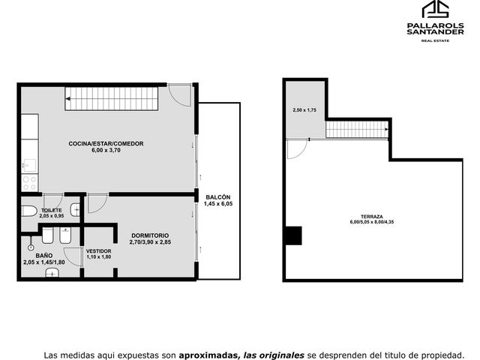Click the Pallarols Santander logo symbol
click(x=435, y=9)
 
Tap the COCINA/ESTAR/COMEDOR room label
click(x=106, y=143)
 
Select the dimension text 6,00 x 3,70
click(x=106, y=150)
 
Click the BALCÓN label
click(x=218, y=197)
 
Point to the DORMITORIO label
click(x=150, y=235)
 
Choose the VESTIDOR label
click(x=98, y=251)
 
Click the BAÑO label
click(x=44, y=256)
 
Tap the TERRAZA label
click(x=372, y=217)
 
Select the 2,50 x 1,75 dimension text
click(x=304, y=110)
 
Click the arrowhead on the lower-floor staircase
click(x=68, y=98)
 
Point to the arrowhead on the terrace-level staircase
click(x=387, y=129)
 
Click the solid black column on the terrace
click(x=294, y=235)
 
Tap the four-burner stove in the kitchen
click(x=30, y=183)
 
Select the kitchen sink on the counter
click(x=29, y=166)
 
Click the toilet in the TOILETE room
click(x=28, y=211)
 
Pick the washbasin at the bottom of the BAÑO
click(x=52, y=272)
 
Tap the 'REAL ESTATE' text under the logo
click(x=435, y=40)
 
